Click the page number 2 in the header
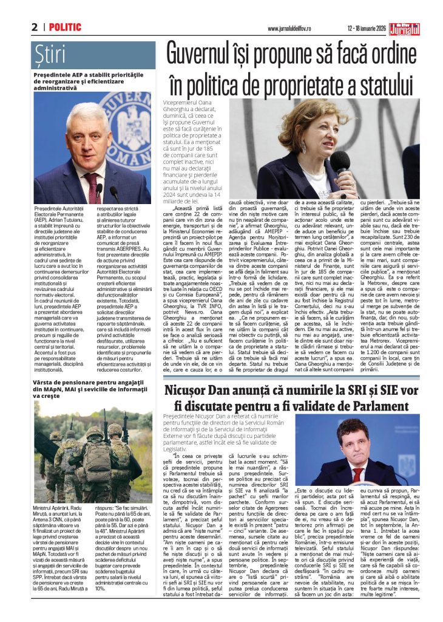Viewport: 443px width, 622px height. pos(35,27)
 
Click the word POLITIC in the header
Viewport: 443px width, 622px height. pos(65,27)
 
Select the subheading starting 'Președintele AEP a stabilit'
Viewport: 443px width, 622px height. pos(91,81)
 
